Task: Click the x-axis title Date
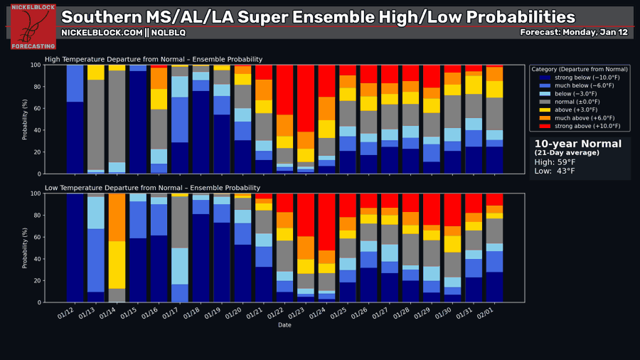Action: click(x=284, y=325)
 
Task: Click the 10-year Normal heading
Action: click(x=577, y=144)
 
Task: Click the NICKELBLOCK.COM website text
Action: click(x=102, y=32)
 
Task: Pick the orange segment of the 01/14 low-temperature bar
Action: click(x=117, y=217)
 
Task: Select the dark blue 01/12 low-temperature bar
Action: click(x=75, y=248)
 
